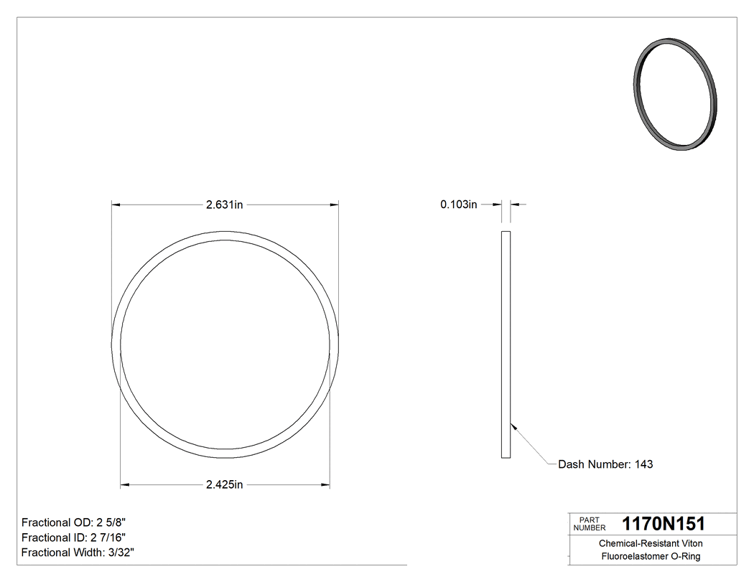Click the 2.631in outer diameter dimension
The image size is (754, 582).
coord(225,205)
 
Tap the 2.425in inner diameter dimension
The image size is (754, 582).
coord(225,484)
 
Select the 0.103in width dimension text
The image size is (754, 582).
coord(459,205)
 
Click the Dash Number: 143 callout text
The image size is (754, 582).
coord(605,464)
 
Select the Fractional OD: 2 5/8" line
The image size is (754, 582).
coord(75,522)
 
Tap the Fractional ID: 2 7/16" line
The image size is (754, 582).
coord(75,537)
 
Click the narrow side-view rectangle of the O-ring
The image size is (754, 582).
coord(505,344)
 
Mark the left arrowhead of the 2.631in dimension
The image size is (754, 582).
coord(116,205)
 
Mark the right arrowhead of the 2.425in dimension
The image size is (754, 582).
coord(325,485)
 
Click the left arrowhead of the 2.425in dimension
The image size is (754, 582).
coord(125,485)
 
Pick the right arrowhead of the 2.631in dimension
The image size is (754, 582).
coord(334,205)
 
